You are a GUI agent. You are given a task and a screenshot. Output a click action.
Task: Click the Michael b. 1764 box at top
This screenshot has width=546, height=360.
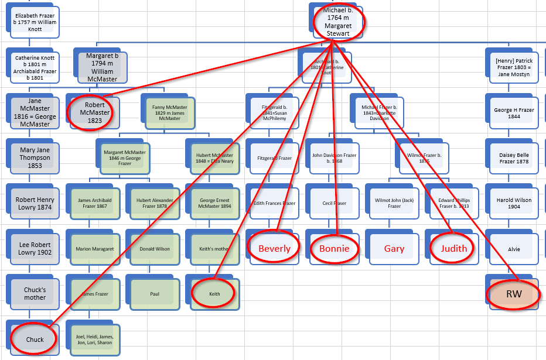click(339, 22)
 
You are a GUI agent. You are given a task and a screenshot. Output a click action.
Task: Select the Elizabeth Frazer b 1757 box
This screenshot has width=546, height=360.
click(35, 22)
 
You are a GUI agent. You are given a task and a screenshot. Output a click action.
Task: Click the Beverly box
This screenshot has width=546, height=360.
click(274, 248)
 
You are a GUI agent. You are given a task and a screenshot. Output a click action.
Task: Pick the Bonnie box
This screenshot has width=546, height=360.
click(334, 248)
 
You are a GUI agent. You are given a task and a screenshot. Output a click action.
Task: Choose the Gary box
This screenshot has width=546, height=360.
click(394, 248)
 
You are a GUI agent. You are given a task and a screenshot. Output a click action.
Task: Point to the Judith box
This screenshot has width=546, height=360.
click(454, 248)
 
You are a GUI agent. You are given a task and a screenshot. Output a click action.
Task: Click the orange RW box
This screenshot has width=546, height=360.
click(514, 294)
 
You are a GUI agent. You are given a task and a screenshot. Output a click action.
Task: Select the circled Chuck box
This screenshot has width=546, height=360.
click(35, 340)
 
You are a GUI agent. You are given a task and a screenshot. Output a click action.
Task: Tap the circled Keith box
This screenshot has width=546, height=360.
click(214, 294)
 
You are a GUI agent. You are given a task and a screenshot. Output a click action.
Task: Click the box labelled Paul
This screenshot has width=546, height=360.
click(155, 294)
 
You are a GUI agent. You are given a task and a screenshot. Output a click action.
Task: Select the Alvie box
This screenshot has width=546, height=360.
click(514, 249)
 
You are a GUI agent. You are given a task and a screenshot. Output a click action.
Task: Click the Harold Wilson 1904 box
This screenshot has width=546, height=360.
click(514, 203)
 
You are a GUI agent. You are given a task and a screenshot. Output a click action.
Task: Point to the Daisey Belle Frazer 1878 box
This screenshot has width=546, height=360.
click(514, 157)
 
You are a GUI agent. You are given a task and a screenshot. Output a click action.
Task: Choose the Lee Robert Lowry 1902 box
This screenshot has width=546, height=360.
click(35, 249)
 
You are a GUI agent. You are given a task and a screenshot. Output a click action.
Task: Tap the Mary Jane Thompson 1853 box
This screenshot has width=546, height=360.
click(35, 157)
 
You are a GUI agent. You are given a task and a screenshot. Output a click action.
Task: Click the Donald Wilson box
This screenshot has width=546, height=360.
click(155, 249)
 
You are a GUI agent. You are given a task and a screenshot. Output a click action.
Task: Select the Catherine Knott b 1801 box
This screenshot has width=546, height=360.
click(35, 67)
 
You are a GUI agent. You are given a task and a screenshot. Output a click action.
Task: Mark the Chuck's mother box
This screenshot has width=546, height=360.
click(35, 294)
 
